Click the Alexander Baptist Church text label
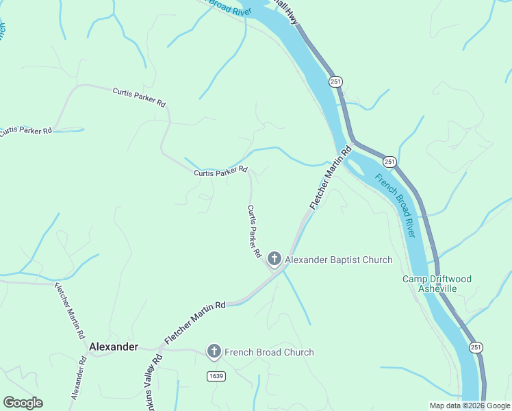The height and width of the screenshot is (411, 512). coord(338,260)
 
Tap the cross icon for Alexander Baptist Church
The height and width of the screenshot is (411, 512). coord(274,259)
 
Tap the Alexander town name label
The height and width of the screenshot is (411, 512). coord(114,347)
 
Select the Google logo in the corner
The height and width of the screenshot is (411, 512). coord(23,403)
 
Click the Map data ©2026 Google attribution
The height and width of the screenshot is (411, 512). coord(470,406)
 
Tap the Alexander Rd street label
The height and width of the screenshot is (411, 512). coord(77,377)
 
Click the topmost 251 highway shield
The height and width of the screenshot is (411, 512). coord(335,82)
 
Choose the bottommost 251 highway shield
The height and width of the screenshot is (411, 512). coord(476,347)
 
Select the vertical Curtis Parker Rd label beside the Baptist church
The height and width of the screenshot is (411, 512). coord(254,231)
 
